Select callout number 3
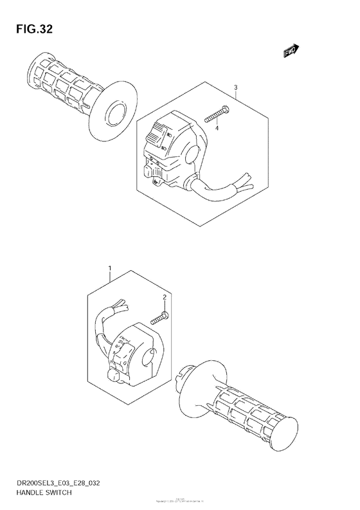pos(236,88)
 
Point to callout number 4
pos(217,129)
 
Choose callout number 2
pos(165,297)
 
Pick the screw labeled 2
pos(161,316)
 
